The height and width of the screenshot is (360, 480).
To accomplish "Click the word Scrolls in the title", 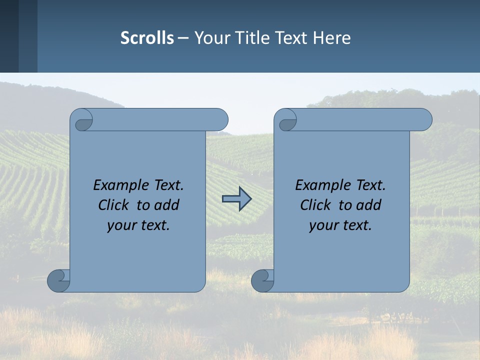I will [x=147, y=38].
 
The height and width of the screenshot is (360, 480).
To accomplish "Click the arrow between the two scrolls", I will [x=236, y=199].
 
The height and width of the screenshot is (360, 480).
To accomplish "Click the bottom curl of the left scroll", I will [x=58, y=280].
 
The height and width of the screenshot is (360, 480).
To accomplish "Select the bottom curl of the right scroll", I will [x=262, y=280].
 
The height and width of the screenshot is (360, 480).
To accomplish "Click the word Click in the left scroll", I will [x=114, y=205].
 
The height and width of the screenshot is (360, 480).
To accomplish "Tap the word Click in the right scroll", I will [x=315, y=205].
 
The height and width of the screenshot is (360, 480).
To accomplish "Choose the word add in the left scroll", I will [x=166, y=205].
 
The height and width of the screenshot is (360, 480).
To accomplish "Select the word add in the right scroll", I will [x=368, y=205].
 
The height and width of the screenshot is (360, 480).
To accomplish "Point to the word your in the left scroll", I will [x=121, y=225].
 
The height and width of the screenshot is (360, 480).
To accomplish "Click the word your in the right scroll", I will [x=323, y=225].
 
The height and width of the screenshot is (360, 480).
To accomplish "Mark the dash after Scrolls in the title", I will [x=183, y=38].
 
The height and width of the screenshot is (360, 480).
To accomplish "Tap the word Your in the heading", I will [x=210, y=38].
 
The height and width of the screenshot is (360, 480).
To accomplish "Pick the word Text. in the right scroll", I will [x=370, y=185].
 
